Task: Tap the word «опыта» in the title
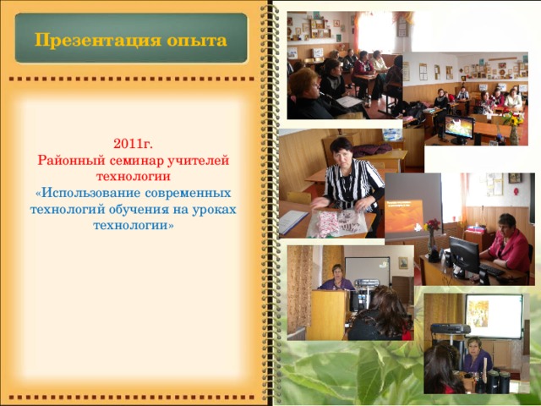click(196, 40)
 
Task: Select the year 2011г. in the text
click(132, 145)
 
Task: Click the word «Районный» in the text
click(69, 161)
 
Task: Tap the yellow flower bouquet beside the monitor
click(513, 121)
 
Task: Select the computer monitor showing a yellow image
click(458, 128)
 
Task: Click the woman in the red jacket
click(510, 245)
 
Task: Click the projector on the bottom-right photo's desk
click(451, 328)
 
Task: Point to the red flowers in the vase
click(433, 225)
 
